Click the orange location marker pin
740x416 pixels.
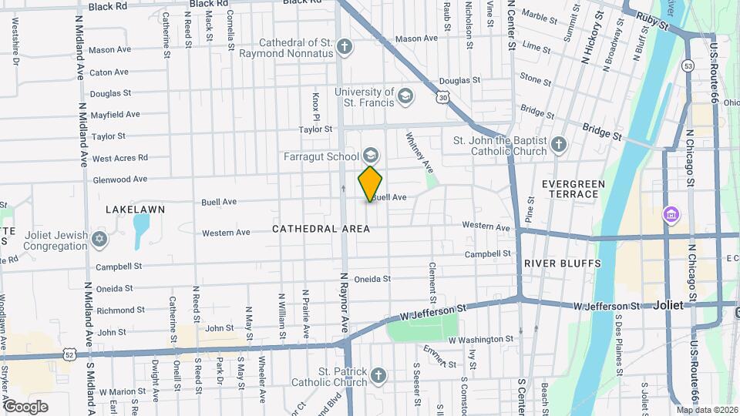pyautogui.click(x=370, y=183)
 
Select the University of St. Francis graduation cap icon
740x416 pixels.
pyautogui.click(x=405, y=97)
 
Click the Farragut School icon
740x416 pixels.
pyautogui.click(x=371, y=156)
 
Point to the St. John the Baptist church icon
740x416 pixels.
pyautogui.click(x=559, y=145)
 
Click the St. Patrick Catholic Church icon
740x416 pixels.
pyautogui.click(x=378, y=376)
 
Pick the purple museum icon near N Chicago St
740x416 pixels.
pyautogui.click(x=670, y=213)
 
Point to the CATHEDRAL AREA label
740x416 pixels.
pyautogui.click(x=321, y=229)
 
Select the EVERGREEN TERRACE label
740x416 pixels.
pyautogui.click(x=570, y=189)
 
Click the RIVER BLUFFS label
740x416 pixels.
pyautogui.click(x=552, y=263)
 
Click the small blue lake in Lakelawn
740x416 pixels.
pyautogui.click(x=141, y=228)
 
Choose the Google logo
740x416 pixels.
pyautogui.click(x=25, y=406)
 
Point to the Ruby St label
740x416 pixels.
pyautogui.click(x=651, y=22)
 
